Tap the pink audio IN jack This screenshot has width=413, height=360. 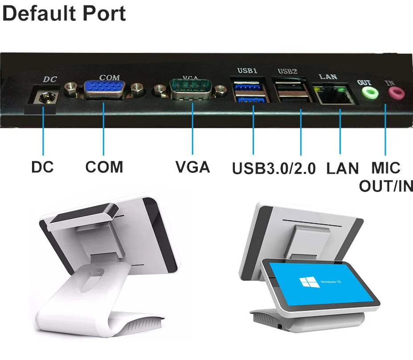point(396,93)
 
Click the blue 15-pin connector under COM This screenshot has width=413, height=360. point(105,89)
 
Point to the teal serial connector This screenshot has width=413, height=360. point(191,89)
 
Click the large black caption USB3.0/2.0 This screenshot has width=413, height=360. point(274,168)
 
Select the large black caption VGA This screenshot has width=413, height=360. point(192,167)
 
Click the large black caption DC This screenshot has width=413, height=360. point(42,167)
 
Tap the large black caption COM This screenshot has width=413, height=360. point(104,167)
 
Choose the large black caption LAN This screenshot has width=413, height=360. point(343,168)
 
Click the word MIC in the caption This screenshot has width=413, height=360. point(386,168)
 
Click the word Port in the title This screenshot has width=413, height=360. point(104,13)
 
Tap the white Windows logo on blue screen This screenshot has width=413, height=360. point(310,282)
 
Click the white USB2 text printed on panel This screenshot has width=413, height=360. point(287,71)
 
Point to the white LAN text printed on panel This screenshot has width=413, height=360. point(328,76)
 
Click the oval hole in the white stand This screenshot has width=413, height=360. point(92,280)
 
